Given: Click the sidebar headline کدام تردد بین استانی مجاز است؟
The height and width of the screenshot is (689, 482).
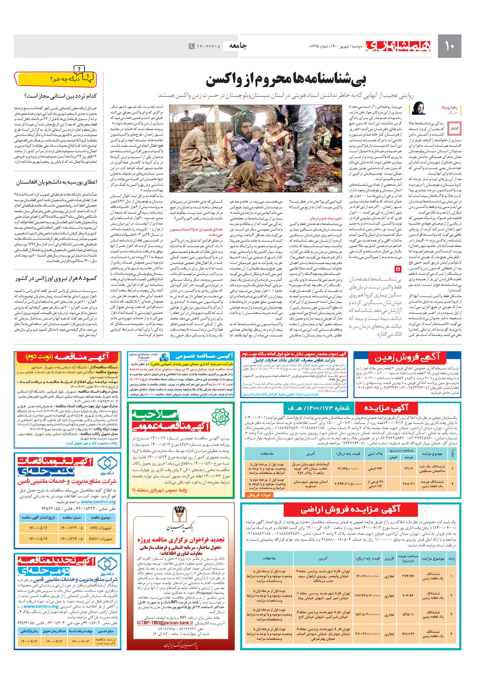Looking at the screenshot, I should tap(61, 96).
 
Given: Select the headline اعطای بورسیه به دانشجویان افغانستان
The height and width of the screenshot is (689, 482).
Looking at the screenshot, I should tap(57, 182).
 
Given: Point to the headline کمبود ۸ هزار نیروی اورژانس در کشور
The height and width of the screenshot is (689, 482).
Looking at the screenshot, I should tap(56, 278).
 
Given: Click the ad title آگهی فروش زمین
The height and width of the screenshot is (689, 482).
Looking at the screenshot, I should tap(407, 357).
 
